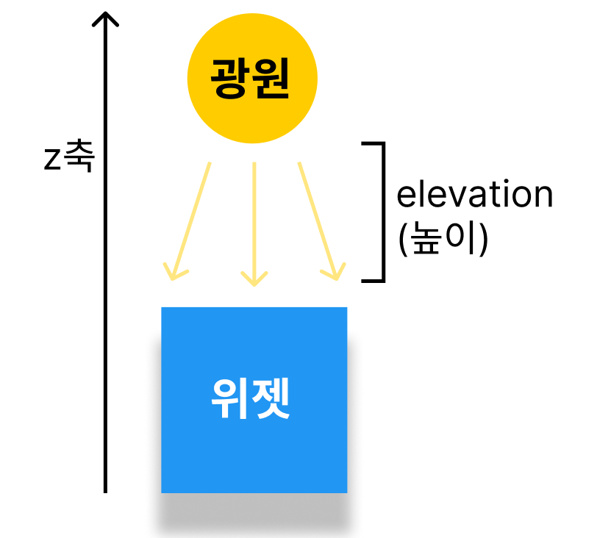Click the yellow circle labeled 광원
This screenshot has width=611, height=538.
(x=252, y=79)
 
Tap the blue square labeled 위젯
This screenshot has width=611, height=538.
(x=254, y=400)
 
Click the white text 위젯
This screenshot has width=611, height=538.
(x=250, y=400)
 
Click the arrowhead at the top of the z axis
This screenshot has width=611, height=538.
(x=106, y=16)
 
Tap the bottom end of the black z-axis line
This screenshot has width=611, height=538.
(x=106, y=490)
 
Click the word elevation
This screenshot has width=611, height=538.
(x=474, y=196)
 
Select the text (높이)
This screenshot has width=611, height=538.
(x=443, y=240)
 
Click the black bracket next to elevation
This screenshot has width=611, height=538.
(x=381, y=212)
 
